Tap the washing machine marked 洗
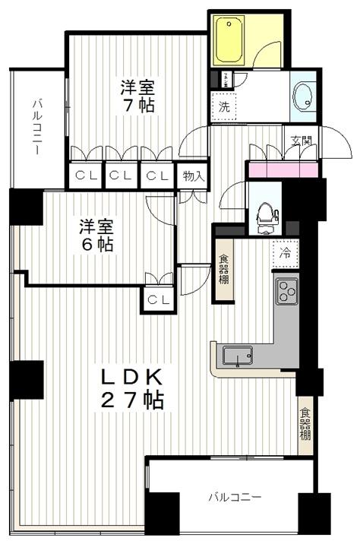[x=223, y=107]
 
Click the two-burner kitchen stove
[x=287, y=290]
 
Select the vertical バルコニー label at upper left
[x=36, y=128]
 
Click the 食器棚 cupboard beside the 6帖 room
[x=226, y=270]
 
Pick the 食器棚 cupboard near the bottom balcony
[x=305, y=425]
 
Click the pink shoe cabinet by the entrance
[x=282, y=169]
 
